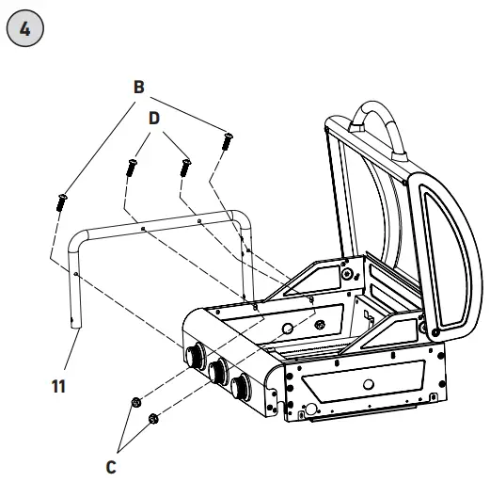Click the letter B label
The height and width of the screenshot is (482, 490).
pos(138,88)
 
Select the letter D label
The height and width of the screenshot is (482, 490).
pos(155,120)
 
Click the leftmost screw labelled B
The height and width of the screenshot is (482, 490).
pos(60,201)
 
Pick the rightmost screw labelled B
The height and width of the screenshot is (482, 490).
pos(226,141)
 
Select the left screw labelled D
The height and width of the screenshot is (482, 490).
pos(130,169)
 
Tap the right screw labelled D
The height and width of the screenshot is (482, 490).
pos(185,168)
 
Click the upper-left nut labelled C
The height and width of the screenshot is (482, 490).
pos(137,402)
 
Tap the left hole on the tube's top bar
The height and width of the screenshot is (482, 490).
pos(141,229)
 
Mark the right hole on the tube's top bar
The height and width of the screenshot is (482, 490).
pos(199,219)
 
